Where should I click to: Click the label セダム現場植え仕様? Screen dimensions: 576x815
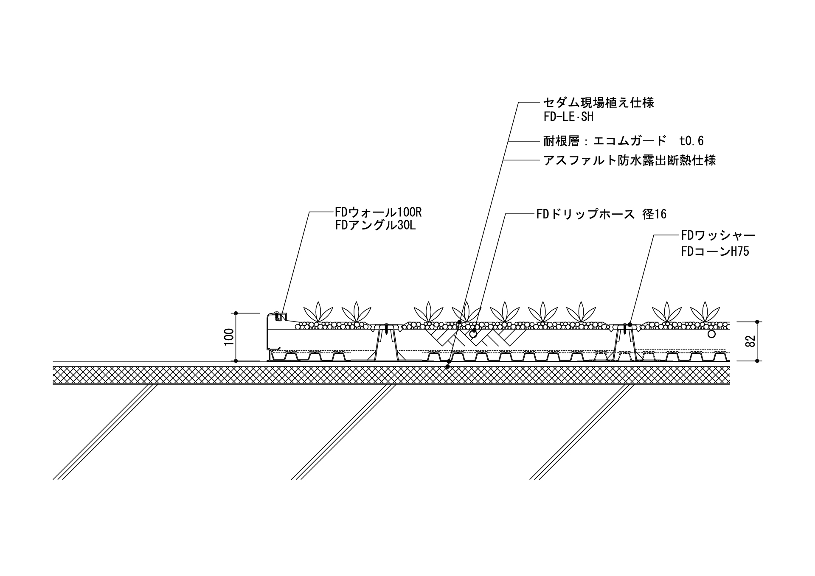click(x=599, y=103)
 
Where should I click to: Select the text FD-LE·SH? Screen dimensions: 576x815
click(x=568, y=117)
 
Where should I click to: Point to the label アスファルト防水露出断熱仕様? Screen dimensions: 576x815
click(x=630, y=160)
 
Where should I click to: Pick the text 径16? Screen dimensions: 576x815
click(x=654, y=214)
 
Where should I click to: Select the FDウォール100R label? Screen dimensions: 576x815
click(x=378, y=212)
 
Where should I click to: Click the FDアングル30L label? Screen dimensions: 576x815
click(x=375, y=225)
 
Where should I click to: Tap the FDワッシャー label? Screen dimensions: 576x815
click(x=718, y=235)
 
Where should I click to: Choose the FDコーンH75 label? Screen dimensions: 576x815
click(x=715, y=251)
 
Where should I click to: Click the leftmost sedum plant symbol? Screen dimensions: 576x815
click(x=318, y=312)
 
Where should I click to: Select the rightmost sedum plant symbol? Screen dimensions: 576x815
click(x=705, y=312)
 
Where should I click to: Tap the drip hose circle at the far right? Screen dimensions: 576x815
click(x=712, y=334)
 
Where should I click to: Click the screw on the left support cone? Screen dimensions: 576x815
click(x=386, y=329)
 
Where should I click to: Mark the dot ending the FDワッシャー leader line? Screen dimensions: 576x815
click(x=630, y=324)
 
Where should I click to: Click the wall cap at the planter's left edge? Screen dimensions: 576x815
click(x=276, y=316)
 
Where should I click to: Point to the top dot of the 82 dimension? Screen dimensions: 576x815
click(x=757, y=322)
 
